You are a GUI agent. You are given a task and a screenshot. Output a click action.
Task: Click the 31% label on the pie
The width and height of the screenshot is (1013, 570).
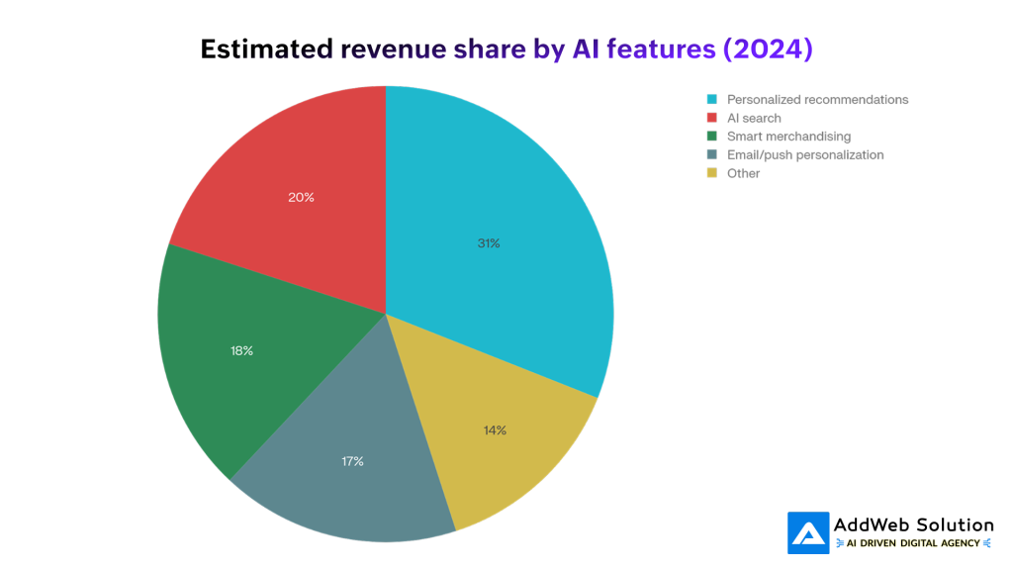489,243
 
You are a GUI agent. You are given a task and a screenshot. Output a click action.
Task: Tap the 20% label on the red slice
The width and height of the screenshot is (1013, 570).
301,197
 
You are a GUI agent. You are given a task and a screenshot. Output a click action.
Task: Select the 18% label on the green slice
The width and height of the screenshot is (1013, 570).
240,350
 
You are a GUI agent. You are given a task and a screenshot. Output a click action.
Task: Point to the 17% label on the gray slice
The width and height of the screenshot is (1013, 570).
351,461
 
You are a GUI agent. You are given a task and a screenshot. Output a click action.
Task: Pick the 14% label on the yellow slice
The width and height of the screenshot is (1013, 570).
495,430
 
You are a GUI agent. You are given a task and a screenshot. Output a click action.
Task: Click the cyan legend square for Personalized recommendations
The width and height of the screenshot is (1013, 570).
711,100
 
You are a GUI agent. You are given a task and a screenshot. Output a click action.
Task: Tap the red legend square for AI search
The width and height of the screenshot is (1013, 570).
711,119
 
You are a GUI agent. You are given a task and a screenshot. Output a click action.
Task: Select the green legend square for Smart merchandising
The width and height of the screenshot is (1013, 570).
711,137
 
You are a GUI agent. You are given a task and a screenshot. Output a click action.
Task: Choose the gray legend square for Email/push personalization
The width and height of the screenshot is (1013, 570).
711,155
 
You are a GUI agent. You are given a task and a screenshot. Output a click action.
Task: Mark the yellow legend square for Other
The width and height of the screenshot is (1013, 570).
711,173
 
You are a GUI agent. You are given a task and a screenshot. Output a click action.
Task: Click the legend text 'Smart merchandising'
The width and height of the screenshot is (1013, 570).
788,137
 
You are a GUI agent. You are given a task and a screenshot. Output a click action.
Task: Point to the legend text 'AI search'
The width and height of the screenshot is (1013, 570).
754,119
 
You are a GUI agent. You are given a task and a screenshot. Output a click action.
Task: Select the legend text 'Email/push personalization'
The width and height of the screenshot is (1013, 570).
805,155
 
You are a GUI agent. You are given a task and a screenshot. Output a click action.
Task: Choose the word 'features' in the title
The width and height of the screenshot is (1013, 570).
665,48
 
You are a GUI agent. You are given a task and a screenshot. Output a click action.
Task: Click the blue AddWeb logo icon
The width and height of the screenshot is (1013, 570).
808,532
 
